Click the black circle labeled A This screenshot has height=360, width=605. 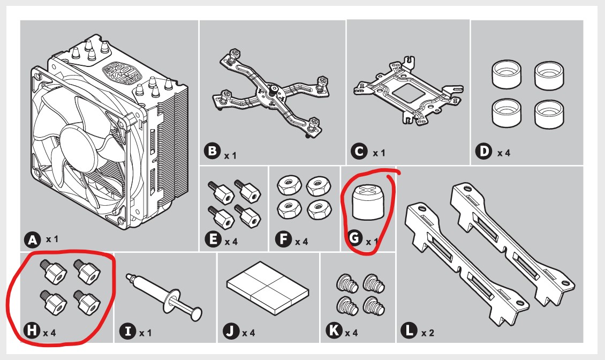tap(33, 240)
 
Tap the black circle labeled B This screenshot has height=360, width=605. tap(212, 153)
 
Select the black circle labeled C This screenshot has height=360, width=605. tap(359, 152)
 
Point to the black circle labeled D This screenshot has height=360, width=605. tap(483, 152)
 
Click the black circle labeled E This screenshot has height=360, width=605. tap(213, 241)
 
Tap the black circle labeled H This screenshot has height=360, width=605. tap(32, 332)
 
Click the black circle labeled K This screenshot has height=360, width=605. tap(335, 332)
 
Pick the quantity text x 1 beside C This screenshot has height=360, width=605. tap(379, 153)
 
